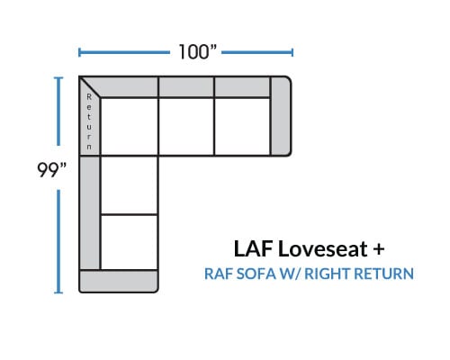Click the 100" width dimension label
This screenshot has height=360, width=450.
[197, 51]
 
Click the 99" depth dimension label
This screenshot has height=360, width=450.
[51, 170]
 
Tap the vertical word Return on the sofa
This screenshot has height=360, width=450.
[89, 121]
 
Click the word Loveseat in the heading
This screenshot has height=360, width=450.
[323, 248]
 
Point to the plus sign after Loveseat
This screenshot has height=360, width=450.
[379, 249]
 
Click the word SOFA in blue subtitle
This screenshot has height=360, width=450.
[256, 274]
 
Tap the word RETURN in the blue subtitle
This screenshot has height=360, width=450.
[384, 274]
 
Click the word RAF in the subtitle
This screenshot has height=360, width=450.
[219, 274]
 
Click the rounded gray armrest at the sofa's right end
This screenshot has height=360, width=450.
[281, 116]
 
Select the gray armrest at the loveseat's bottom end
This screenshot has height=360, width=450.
[119, 281]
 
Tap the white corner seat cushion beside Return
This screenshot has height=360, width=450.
[130, 126]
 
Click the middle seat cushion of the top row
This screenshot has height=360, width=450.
[186, 126]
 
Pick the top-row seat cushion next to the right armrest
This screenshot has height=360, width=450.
[242, 126]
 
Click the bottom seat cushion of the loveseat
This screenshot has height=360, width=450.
[130, 242]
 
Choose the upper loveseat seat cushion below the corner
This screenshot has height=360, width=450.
[130, 185]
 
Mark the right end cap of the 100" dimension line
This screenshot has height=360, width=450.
[292, 52]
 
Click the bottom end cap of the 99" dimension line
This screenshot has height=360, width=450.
[58, 292]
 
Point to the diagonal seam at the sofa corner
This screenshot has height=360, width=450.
[90, 87]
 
